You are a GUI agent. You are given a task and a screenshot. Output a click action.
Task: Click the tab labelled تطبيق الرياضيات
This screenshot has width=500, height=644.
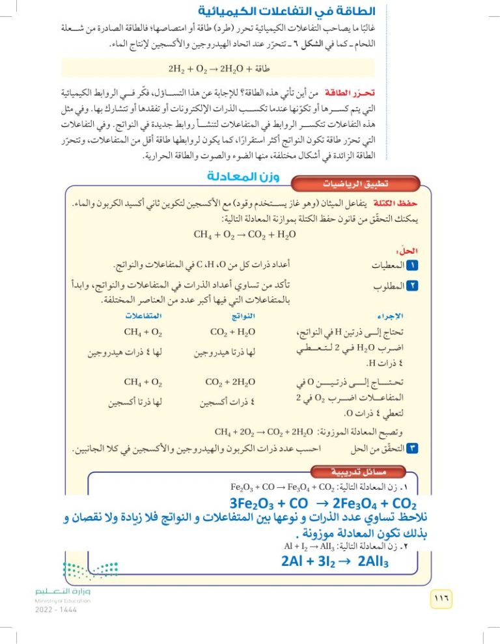(343, 184)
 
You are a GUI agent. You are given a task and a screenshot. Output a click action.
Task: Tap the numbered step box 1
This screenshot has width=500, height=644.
(410, 265)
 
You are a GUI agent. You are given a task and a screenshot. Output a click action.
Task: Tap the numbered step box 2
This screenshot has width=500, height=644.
(410, 286)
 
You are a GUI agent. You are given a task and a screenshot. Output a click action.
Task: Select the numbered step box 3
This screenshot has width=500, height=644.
(410, 448)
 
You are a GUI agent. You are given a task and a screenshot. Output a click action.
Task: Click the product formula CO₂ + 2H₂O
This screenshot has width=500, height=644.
(230, 382)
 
